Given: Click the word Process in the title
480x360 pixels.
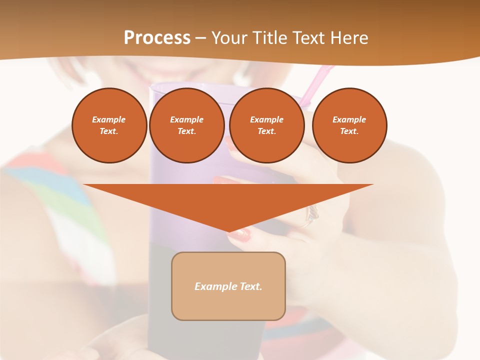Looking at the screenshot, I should (157, 37).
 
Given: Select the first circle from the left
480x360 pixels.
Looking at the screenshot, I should (109, 125).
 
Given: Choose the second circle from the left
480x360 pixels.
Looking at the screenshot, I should (186, 125).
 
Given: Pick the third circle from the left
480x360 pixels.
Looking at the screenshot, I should (266, 125).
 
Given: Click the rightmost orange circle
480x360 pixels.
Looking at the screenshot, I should (349, 125).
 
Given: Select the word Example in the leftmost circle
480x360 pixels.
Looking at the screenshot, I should (109, 119).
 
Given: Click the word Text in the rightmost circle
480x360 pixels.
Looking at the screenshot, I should (349, 131).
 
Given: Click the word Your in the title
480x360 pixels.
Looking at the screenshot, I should (229, 37).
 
